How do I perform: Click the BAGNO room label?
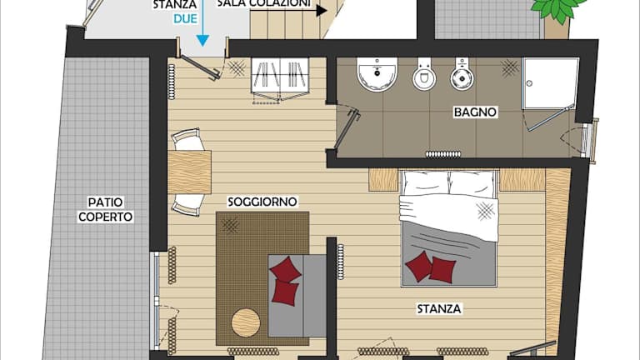475,112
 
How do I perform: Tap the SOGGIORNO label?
262,202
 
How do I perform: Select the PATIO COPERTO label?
105,209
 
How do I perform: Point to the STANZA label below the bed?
439,308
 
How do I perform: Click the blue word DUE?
185,19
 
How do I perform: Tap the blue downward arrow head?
202,40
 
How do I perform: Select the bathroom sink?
377,74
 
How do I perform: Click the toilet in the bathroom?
424,74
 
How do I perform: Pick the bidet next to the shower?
462,74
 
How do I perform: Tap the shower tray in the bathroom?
550,83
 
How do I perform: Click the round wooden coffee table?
246,322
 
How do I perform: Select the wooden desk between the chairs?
189,172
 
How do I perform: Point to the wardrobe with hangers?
280,76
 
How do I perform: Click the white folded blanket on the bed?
449,217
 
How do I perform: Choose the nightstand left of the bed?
383,180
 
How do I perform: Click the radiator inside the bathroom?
443,154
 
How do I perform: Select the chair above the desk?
187,139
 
